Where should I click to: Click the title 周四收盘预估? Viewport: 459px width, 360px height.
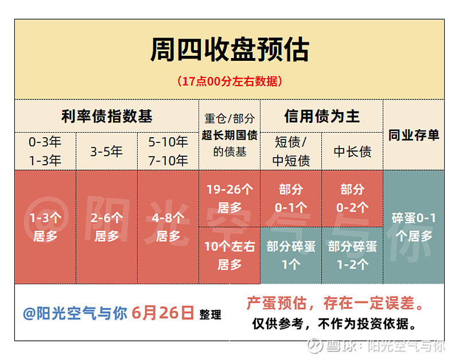click(x=229, y=50)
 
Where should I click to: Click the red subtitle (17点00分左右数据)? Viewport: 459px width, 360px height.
click(x=229, y=81)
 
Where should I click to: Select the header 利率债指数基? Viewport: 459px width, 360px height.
click(x=107, y=116)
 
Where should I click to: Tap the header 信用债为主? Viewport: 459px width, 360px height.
click(x=322, y=116)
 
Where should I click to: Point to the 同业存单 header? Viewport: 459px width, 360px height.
click(x=414, y=135)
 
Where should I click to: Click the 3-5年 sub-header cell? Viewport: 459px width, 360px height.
click(x=107, y=152)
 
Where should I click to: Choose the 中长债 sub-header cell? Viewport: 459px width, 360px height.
click(x=352, y=152)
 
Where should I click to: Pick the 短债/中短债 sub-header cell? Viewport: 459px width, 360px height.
click(x=291, y=152)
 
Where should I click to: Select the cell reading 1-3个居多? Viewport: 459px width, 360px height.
click(x=45, y=227)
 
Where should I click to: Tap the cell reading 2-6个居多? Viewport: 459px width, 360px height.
click(x=107, y=227)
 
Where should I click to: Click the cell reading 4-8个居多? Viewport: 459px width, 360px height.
click(x=168, y=227)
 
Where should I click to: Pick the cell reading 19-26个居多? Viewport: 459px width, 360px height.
click(x=229, y=198)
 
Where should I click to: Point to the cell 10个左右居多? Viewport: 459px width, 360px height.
click(x=229, y=256)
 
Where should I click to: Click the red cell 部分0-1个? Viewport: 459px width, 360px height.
click(x=291, y=198)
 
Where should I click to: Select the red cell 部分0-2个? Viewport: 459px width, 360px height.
click(x=352, y=198)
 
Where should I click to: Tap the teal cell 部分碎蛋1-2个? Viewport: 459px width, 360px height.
click(x=352, y=256)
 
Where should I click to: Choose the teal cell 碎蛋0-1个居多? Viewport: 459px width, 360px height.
click(x=414, y=227)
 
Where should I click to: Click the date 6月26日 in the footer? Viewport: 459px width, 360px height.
click(x=162, y=313)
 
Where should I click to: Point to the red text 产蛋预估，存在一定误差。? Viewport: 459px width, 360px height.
click(x=335, y=303)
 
